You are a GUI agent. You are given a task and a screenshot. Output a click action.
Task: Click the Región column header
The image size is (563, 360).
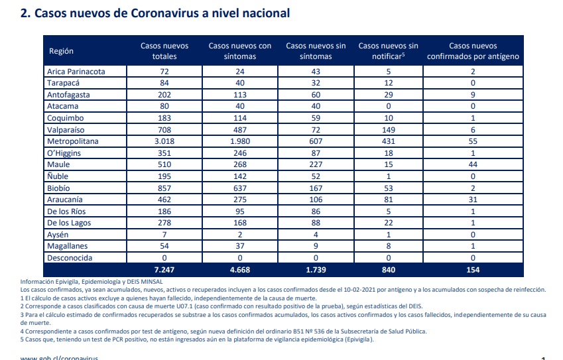coord(61,51)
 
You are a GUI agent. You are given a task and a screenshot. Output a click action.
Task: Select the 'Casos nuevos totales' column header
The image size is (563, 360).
coord(164,51)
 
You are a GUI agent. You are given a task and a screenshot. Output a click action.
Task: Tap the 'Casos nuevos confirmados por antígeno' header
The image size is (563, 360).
coord(473,51)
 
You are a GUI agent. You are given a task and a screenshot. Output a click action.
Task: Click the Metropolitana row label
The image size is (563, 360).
coord(72,141)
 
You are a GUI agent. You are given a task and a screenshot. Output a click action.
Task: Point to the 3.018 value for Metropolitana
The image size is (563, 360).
coord(164,141)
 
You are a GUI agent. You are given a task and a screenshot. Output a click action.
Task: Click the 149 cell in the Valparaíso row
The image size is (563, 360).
coord(389,129)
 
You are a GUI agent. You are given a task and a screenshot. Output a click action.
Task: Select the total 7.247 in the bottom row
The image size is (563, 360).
coord(164,270)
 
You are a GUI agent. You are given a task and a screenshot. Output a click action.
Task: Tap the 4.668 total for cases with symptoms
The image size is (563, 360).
coord(240,270)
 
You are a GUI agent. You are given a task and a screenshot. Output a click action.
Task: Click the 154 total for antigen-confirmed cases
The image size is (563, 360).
coord(473,270)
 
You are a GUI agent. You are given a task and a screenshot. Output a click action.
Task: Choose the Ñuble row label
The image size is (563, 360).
coord(58,176)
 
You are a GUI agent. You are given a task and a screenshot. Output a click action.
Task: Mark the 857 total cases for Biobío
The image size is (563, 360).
coord(164,188)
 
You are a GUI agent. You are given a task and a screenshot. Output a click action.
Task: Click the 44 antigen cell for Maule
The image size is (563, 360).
coord(473,164)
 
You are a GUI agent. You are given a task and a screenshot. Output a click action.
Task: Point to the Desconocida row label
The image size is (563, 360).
coord(70,258)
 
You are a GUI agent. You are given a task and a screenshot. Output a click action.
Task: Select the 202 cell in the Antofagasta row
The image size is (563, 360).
coord(164,95)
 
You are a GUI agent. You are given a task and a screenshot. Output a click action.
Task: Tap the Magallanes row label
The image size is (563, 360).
coord(67,246)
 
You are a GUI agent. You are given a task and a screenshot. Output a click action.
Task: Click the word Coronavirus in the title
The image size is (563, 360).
coord(164,13)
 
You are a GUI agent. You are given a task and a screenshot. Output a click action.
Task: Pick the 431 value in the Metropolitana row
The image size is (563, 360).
coord(389,141)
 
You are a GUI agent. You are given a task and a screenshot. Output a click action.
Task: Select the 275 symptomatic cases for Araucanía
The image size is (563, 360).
coord(240,200)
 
